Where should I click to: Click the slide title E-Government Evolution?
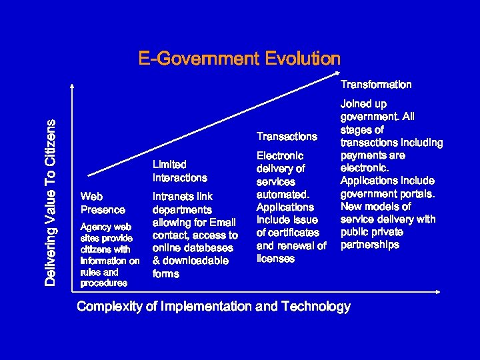click(239, 59)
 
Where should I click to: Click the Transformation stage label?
click(376, 85)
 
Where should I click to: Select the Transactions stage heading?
click(287, 137)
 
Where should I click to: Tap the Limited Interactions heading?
click(179, 171)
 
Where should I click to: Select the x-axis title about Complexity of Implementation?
click(213, 307)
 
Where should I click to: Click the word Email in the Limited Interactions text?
click(223, 223)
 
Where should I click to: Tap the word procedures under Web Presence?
click(103, 283)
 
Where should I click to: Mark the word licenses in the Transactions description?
click(275, 259)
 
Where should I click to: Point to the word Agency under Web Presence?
click(94, 227)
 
